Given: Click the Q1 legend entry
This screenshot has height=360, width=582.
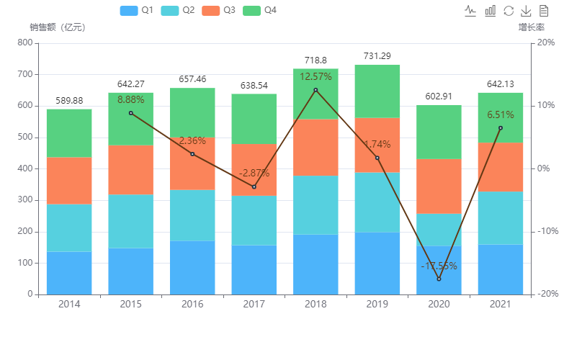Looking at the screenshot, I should [x=137, y=11].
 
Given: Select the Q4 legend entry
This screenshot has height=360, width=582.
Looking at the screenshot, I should [x=260, y=11].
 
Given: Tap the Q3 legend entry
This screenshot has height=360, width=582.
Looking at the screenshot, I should [x=219, y=11].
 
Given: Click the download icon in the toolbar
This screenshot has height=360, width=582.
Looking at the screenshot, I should [x=527, y=11].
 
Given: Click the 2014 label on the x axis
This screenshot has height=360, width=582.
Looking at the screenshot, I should [x=69, y=305].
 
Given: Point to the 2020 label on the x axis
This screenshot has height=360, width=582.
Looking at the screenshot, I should [x=439, y=305].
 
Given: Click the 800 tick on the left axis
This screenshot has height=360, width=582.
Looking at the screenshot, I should [x=24, y=42].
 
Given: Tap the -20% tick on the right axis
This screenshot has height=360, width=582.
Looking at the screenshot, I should [x=545, y=294].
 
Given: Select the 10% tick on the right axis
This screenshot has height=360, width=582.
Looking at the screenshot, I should [x=545, y=105].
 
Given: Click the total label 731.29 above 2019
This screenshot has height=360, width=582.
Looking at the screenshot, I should [x=377, y=56].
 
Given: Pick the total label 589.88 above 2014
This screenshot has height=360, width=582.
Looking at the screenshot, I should [x=69, y=101].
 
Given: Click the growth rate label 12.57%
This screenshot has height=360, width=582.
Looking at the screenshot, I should [x=315, y=77].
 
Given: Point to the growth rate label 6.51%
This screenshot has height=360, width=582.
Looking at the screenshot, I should [x=501, y=115].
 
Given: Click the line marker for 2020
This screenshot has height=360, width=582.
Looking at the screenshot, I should [x=439, y=279].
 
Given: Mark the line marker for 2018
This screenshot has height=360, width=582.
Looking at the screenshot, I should [x=315, y=90].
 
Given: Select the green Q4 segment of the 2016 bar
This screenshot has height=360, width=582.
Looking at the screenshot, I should [x=192, y=112].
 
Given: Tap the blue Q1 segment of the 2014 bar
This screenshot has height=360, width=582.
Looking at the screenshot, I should [x=69, y=273].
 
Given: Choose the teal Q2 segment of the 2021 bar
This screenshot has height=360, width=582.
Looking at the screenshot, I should [x=501, y=218].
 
